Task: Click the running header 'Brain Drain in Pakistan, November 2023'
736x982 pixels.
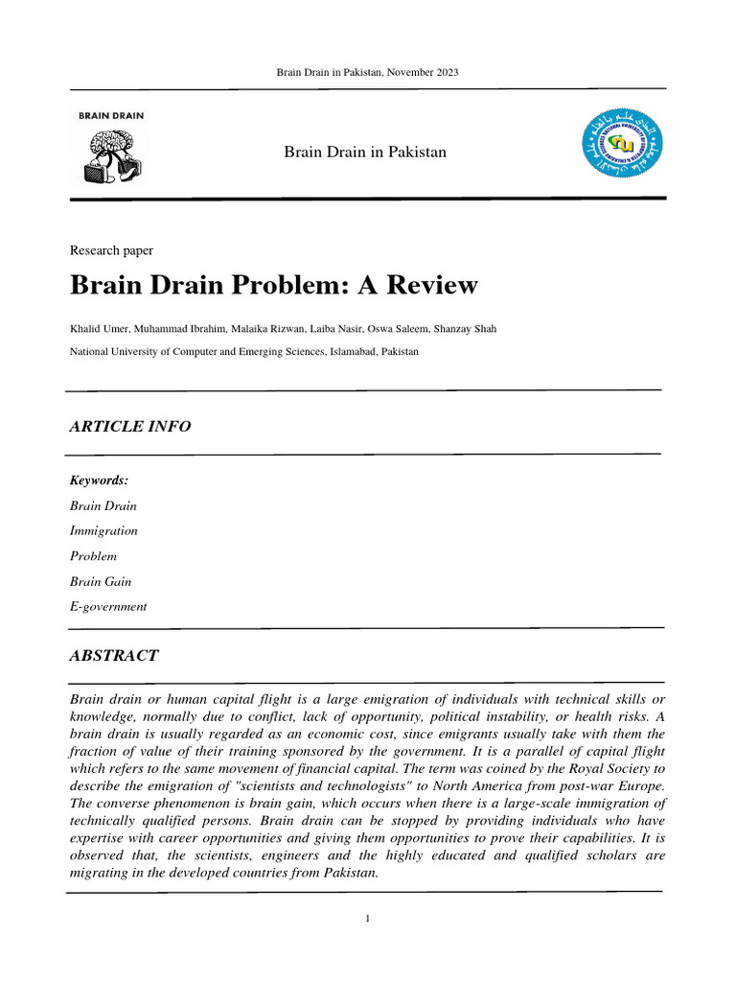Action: [367, 73]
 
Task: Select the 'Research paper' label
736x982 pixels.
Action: [111, 250]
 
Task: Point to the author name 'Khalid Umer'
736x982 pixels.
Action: [97, 329]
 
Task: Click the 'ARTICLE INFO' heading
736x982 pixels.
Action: [129, 427]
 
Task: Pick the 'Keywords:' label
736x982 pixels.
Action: [99, 479]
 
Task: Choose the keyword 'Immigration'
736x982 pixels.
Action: [103, 530]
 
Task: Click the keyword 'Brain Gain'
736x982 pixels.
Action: [101, 581]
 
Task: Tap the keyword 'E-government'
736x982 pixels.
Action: [108, 606]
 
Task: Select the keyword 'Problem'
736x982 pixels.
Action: [93, 556]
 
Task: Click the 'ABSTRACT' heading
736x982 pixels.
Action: [113, 656]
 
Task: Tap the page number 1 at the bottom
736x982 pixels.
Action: [367, 919]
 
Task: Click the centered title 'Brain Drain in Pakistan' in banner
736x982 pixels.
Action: [365, 152]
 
